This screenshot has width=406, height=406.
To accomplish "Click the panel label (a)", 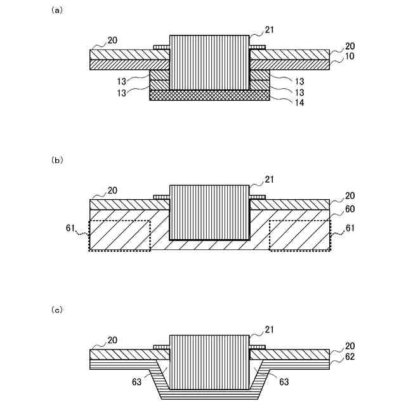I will pos(56,10).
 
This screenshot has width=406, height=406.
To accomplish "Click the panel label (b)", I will pos(56,160).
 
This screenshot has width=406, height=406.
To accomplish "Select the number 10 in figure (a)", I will pos(350,56).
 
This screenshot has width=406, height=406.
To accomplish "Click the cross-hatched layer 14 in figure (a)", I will pos(209,95).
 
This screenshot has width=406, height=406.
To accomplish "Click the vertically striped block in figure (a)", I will pos(209,62).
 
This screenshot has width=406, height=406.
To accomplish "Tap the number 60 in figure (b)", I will pos(350,207).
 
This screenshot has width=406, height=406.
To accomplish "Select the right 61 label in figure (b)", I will pos(350,226).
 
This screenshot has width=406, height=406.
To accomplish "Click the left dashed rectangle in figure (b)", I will pos(120,235).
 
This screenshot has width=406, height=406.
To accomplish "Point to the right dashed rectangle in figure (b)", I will pos(299,235).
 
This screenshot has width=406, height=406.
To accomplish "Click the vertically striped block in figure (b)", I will pos(209,212).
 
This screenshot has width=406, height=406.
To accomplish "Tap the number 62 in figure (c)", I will pos(350,357).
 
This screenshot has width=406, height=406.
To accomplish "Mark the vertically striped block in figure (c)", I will pos(209,362).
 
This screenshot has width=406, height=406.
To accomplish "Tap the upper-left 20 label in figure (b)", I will pos(112,190).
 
